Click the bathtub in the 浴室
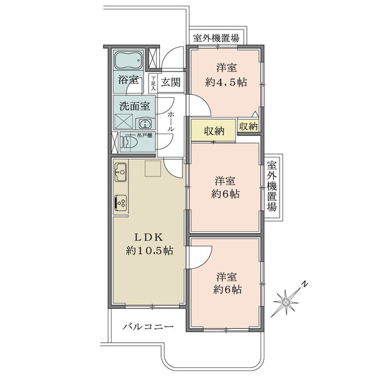point(128,60)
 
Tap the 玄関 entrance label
point(170,83)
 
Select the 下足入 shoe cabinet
point(154,84)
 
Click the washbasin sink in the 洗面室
point(145,124)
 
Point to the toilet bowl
point(128,142)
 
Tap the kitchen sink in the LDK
point(120,172)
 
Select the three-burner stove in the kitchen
point(120,203)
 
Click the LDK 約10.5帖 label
point(149,244)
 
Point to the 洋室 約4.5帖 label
point(226,75)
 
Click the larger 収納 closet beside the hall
point(214,131)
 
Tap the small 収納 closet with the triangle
point(248,125)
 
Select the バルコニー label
point(148,326)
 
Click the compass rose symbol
point(286,303)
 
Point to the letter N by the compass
point(305,284)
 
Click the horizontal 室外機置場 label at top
point(216,38)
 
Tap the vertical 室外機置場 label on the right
point(272,186)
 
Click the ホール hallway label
point(170,122)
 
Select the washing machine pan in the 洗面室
point(123,122)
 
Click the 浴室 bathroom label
point(128,80)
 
